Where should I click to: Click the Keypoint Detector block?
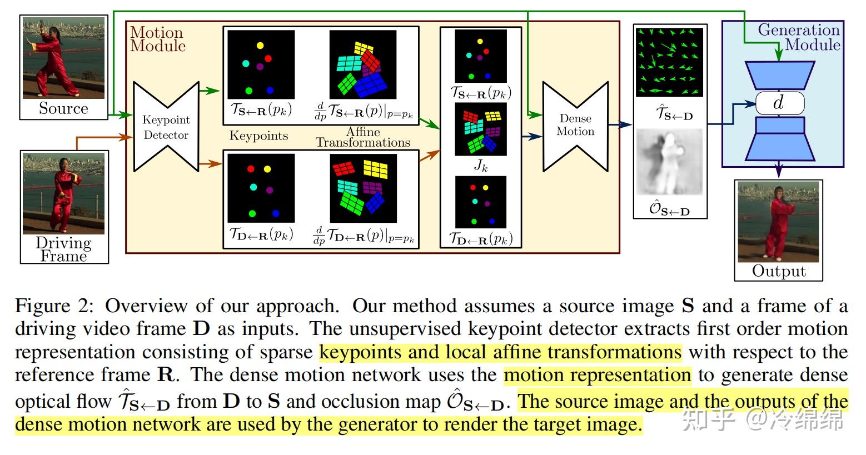(x=166, y=127)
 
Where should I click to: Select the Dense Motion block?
(x=576, y=126)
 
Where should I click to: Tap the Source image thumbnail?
(x=64, y=58)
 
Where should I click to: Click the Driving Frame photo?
(x=64, y=193)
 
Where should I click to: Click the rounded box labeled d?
(x=780, y=103)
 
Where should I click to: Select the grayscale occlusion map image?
(x=669, y=162)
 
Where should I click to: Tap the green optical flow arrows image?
(x=670, y=62)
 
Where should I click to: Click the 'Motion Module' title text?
(x=158, y=39)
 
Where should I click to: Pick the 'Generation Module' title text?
(x=799, y=37)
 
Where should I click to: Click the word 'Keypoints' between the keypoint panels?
(x=258, y=136)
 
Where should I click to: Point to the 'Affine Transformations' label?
(x=363, y=137)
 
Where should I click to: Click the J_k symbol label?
(x=481, y=166)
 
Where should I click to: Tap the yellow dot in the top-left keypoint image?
(x=260, y=46)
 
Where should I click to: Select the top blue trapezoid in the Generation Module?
(x=780, y=76)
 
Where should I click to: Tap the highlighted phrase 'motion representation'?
(x=598, y=375)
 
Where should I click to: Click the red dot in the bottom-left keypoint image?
(x=251, y=169)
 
